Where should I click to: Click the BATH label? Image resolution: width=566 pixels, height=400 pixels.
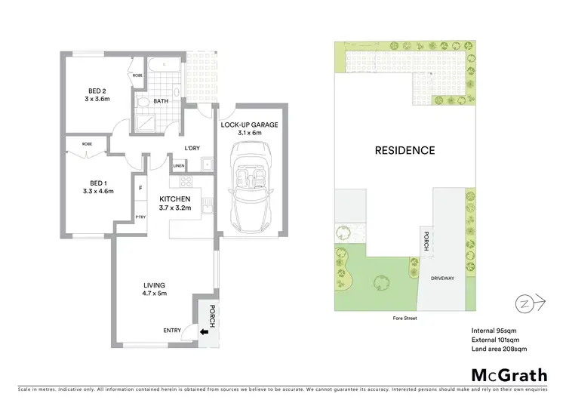[x=161, y=101]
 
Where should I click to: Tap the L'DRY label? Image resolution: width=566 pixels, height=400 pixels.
[x=192, y=148]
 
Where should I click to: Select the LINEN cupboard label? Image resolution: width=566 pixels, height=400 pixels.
[x=179, y=165]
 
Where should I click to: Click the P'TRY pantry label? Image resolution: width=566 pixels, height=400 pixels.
[x=140, y=216]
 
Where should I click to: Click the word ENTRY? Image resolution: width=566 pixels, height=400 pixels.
[x=172, y=330]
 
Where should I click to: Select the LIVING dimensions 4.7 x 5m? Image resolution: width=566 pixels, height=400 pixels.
[x=155, y=293]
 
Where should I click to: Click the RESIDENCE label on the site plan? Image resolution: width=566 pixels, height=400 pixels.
[x=405, y=150]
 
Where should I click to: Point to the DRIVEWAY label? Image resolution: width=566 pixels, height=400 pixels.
[x=443, y=278]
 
